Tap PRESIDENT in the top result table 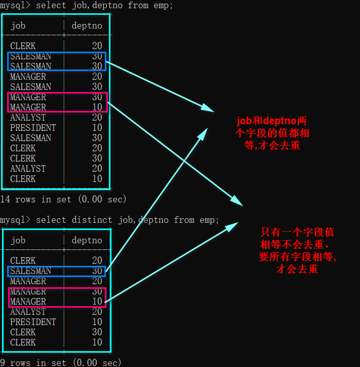click(x=33, y=128)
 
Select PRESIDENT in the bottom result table click(x=33, y=322)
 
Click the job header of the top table click(x=18, y=26)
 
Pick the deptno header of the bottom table click(x=87, y=240)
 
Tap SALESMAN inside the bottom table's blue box click(x=31, y=271)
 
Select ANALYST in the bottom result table click(x=28, y=312)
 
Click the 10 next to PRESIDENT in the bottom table click(x=97, y=322)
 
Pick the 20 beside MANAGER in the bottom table click(x=97, y=281)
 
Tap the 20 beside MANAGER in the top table click(x=97, y=77)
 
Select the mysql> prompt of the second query click(x=15, y=220)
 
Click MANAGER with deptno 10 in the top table click(x=28, y=107)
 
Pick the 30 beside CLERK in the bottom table click(x=97, y=332)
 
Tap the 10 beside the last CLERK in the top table click(x=97, y=179)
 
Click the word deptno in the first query click(x=109, y=5)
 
